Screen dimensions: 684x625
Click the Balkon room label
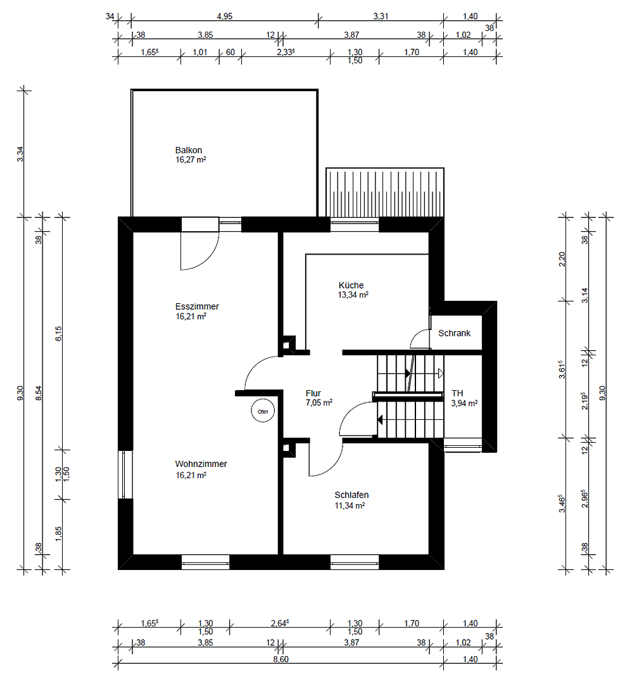click(x=189, y=150)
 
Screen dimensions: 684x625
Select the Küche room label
click(x=351, y=285)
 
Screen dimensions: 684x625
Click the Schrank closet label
click(x=454, y=333)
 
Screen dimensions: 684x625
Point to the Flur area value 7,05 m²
click(x=319, y=402)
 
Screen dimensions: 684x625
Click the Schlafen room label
click(x=351, y=495)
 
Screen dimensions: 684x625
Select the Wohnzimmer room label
click(x=201, y=464)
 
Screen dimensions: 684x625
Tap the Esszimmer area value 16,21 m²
click(x=191, y=316)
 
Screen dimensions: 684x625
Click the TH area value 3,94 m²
click(x=464, y=403)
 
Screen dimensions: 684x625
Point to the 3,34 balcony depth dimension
click(x=20, y=154)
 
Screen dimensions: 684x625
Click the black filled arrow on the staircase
click(x=381, y=419)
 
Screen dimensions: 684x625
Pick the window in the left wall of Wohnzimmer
click(x=125, y=474)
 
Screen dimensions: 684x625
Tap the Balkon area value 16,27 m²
click(x=191, y=160)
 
